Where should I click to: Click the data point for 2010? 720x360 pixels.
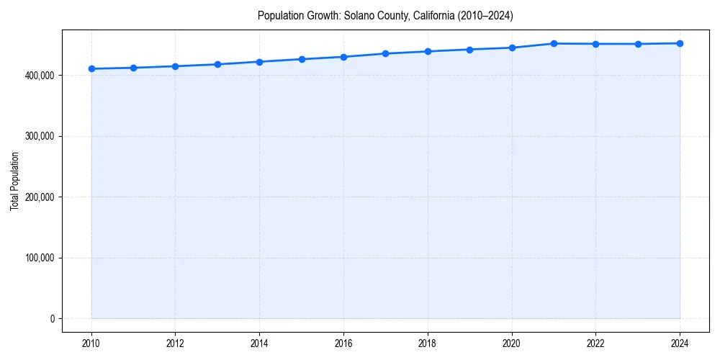point(91,68)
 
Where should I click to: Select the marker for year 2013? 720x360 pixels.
point(217,64)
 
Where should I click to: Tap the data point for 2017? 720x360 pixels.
point(386,53)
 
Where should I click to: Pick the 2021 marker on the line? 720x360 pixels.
point(554,43)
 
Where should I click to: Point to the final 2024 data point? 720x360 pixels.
point(680,43)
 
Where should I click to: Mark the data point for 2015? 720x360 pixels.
point(302,59)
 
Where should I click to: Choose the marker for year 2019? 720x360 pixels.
point(469,50)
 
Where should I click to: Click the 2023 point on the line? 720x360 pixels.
point(638,44)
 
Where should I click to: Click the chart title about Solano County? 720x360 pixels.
point(385,16)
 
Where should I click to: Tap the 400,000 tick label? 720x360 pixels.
point(38,76)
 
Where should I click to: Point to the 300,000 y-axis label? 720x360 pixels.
point(38,136)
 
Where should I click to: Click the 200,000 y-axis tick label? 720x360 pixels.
point(38,197)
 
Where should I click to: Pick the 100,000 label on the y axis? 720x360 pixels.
point(38,258)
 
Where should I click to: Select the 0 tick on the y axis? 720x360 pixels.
point(52,319)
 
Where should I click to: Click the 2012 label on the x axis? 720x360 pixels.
point(176,343)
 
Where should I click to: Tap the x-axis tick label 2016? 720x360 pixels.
point(343,343)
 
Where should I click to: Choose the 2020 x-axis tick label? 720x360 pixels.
point(512,343)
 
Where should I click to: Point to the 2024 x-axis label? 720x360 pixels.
point(680,343)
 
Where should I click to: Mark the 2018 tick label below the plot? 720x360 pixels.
point(428,343)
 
